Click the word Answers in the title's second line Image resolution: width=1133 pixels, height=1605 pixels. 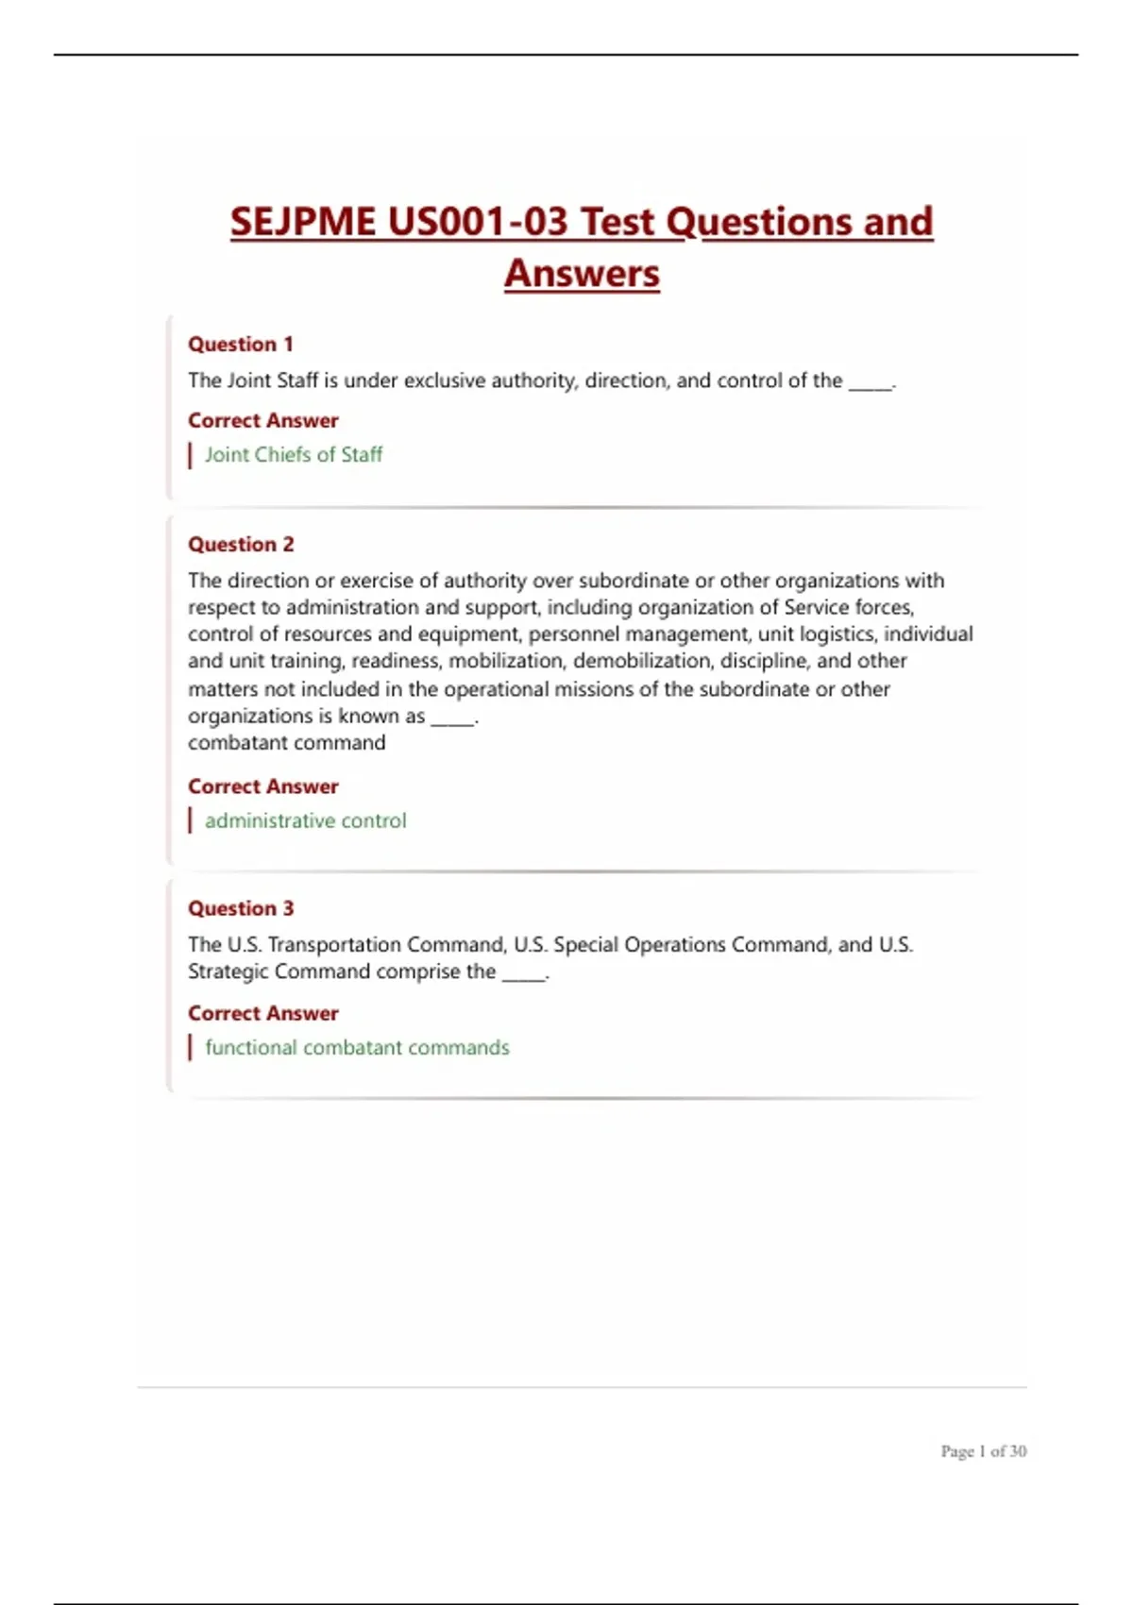pyautogui.click(x=582, y=274)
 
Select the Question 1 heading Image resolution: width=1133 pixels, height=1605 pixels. pyautogui.click(x=241, y=345)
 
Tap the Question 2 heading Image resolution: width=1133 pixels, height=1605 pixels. pyautogui.click(x=241, y=545)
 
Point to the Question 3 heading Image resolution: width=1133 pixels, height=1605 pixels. pyautogui.click(x=241, y=908)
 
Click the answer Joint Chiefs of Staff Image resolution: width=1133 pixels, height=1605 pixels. pyautogui.click(x=294, y=455)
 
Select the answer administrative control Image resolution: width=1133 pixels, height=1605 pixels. pyautogui.click(x=306, y=821)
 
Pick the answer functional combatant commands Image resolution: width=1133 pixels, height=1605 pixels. pyautogui.click(x=357, y=1048)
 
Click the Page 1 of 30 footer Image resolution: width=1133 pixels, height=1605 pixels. pyautogui.click(x=983, y=1451)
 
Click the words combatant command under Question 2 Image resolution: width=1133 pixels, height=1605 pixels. pyautogui.click(x=286, y=743)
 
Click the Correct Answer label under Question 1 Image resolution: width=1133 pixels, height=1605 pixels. pyautogui.click(x=262, y=421)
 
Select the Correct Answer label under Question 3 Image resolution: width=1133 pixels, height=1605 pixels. pyautogui.click(x=262, y=1014)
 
